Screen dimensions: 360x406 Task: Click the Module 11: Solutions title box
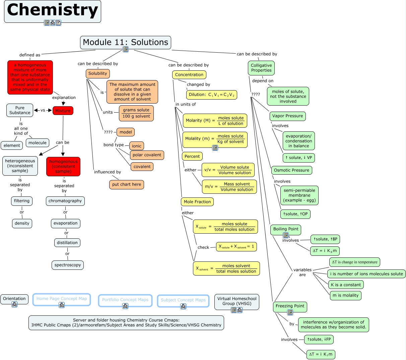[126, 42]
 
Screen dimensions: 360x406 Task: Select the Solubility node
[98, 74]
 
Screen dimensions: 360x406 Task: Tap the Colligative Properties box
[261, 68]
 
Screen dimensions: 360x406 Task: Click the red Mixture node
[63, 111]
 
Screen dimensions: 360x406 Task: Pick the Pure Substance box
[20, 110]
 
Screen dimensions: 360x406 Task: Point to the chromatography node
[65, 201]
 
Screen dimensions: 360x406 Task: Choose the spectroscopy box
[68, 265]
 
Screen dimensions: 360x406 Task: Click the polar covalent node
[147, 155]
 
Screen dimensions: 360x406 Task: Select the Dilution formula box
[212, 95]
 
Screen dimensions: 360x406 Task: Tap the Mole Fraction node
[197, 202]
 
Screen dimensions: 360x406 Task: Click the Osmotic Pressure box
[291, 170]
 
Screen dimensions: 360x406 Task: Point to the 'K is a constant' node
[346, 285]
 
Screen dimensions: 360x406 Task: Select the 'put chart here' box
[127, 185]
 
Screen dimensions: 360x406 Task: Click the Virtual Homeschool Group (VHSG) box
[237, 301]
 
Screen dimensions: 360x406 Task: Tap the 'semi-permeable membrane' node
[299, 195]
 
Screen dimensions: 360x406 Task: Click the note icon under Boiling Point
[286, 235]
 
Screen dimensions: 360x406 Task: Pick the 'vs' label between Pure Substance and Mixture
[43, 110]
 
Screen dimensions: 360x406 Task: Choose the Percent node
[192, 156]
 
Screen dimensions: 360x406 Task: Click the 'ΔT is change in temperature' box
[355, 262]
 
